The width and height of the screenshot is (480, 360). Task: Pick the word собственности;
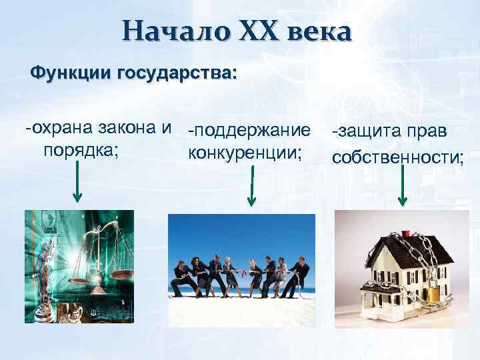click(398, 157)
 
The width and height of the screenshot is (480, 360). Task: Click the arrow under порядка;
click(77, 183)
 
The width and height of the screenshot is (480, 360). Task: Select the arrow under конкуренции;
click(252, 187)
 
